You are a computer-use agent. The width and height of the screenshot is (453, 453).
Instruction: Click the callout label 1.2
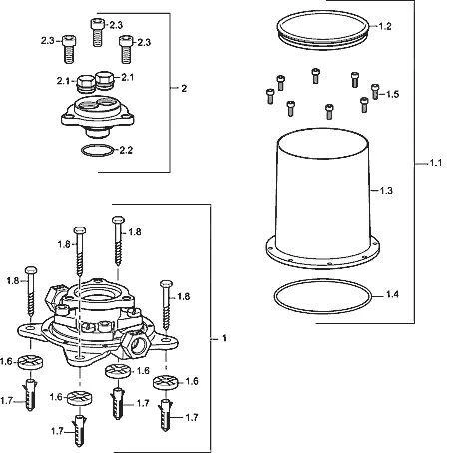tap(385, 26)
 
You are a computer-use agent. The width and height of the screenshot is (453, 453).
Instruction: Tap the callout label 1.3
tap(386, 191)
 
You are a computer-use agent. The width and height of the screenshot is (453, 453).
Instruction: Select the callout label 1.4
tap(392, 294)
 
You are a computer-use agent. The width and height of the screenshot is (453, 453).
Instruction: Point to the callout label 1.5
tap(392, 94)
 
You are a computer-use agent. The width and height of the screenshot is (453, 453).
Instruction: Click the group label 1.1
tap(436, 163)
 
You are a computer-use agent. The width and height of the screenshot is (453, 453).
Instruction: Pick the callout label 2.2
tap(126, 150)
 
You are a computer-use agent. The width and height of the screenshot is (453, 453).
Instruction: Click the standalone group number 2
tap(184, 89)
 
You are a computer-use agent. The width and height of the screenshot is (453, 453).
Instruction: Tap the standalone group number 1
tap(224, 338)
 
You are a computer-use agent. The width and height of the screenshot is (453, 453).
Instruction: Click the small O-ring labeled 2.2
tap(98, 146)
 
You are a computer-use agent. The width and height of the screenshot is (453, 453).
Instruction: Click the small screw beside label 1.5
tap(375, 91)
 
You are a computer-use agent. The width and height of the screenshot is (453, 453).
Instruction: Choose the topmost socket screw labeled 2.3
tap(98, 32)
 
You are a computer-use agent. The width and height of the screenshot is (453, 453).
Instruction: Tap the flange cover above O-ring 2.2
tap(98, 115)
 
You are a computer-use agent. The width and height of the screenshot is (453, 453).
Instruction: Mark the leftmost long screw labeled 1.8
tap(31, 291)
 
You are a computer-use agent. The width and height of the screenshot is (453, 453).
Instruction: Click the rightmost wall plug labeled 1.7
tap(166, 415)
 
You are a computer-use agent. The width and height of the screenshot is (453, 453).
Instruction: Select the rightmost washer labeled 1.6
tap(166, 382)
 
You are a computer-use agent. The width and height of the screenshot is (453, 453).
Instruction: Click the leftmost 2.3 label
tap(48, 41)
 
